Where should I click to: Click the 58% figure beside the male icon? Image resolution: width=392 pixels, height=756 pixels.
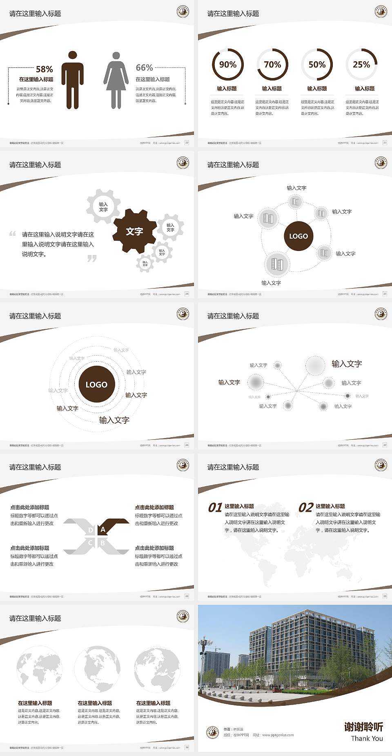(x=44, y=69)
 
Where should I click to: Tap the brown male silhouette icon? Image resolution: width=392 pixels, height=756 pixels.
(x=73, y=80)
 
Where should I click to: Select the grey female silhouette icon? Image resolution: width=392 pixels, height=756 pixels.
(x=116, y=81)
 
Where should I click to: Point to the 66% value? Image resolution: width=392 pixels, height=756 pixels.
(x=144, y=67)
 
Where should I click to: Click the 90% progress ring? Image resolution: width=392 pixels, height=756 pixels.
(x=227, y=65)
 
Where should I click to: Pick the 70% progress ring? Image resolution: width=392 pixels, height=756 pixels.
(x=272, y=65)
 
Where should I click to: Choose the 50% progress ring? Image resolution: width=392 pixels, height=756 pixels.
(x=317, y=65)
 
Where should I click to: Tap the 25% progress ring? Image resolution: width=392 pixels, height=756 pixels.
(x=361, y=65)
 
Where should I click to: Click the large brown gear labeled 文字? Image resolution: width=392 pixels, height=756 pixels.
(x=134, y=231)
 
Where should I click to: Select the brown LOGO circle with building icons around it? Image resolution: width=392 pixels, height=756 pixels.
(x=298, y=236)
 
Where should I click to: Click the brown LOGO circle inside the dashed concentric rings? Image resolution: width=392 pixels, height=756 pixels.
(x=96, y=385)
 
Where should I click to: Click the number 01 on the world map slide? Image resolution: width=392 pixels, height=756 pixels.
(x=215, y=508)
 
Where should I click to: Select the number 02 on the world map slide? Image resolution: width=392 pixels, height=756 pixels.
(x=306, y=508)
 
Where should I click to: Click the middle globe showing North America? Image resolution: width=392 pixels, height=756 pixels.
(x=97, y=669)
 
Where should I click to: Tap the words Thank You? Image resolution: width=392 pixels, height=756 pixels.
(x=367, y=738)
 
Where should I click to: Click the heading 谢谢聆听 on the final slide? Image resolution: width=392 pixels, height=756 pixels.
(x=363, y=727)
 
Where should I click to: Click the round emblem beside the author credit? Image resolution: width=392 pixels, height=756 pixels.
(x=212, y=732)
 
